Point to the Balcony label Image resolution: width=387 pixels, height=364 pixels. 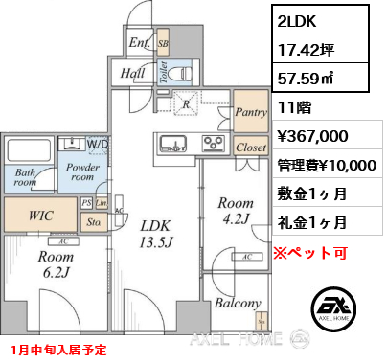point(237,304)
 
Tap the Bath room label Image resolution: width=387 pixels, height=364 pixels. point(25,177)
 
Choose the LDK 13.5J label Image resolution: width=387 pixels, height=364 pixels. point(155,232)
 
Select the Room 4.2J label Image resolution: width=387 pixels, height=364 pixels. point(235,211)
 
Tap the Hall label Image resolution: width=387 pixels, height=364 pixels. point(133,73)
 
